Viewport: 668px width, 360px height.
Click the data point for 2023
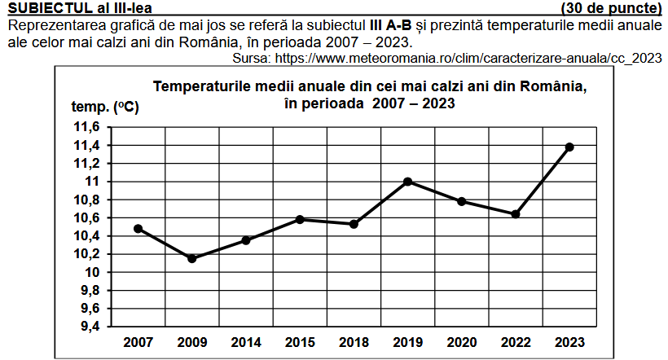coord(569,147)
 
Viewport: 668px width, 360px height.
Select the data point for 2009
coord(192,258)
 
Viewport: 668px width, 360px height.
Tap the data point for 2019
coord(408,182)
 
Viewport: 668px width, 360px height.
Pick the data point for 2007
coord(138,228)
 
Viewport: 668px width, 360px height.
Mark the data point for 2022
coord(516,214)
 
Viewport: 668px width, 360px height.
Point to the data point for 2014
coord(246,240)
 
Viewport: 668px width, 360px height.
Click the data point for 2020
coord(462,201)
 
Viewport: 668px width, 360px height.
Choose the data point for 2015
coord(300,219)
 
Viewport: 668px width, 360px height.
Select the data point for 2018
coord(354,224)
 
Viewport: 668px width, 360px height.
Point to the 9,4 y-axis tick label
coord(89,327)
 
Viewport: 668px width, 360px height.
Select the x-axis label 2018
coord(354,342)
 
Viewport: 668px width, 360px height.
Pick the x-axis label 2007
coord(138,342)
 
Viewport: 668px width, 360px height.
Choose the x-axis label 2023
coord(569,342)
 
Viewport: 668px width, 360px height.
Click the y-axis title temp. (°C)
coord(104,108)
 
